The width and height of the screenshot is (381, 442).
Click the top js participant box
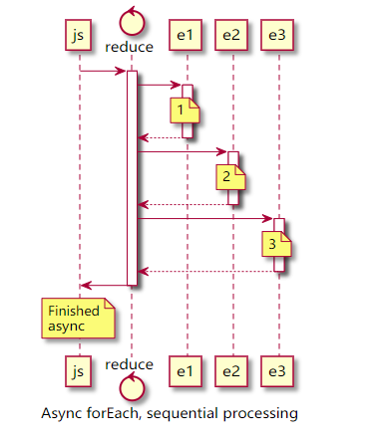[79, 35]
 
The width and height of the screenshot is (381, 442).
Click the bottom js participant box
[79, 371]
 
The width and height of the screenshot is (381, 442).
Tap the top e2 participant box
[231, 35]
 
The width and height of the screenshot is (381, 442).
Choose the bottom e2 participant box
[231, 371]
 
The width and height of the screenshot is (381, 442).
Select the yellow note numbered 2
[228, 175]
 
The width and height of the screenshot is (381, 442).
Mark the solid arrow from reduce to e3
[204, 218]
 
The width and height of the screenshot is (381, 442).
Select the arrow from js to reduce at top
[103, 71]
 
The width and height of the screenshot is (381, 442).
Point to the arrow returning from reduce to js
[103, 286]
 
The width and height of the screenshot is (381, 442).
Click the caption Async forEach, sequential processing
[171, 412]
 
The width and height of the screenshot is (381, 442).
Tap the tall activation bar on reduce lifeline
[131, 179]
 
